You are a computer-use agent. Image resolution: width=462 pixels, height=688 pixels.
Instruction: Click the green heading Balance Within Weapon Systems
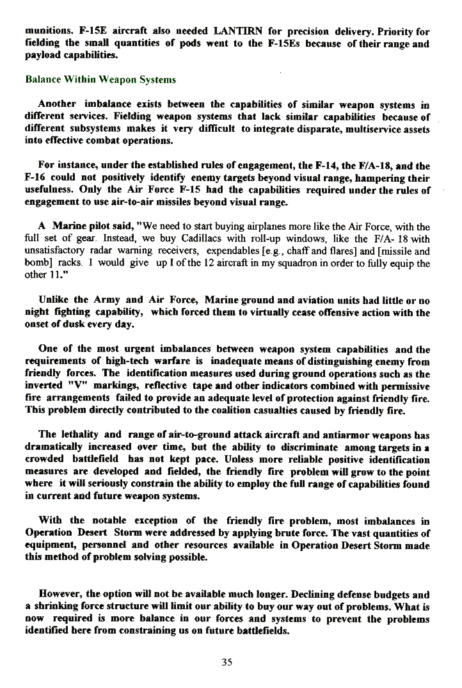tap(100, 80)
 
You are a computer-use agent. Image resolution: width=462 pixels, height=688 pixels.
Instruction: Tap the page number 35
tap(227, 662)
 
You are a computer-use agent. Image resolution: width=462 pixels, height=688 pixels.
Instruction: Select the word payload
tap(43, 56)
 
